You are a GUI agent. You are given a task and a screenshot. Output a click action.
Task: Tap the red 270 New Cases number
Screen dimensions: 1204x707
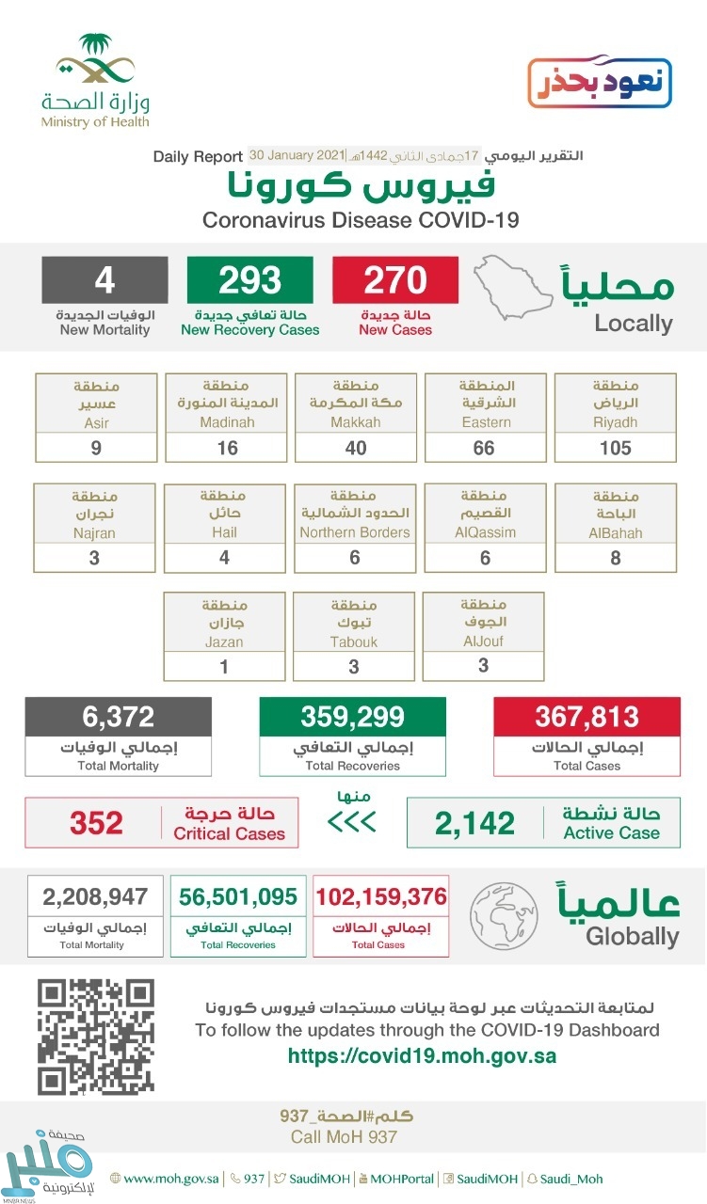[x=395, y=280]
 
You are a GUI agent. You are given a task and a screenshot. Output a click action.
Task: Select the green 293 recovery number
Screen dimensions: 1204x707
[x=250, y=280]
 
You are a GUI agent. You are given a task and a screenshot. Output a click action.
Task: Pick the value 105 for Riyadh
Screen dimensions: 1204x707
[x=616, y=448]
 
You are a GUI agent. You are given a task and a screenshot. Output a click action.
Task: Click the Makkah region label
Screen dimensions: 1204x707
[x=355, y=404]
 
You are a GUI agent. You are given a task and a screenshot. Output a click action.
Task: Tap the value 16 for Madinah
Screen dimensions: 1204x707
[x=226, y=448]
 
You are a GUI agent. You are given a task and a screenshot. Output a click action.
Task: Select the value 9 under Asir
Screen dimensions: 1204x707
[x=96, y=448]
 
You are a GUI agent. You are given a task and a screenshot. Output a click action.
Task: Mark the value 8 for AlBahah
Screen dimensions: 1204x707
[x=616, y=557]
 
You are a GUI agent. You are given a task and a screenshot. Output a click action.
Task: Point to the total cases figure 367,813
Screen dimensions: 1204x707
[x=586, y=717]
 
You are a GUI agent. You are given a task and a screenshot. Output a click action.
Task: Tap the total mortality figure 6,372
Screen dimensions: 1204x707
[x=118, y=717]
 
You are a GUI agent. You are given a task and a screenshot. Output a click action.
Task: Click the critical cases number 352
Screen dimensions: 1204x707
[x=96, y=823]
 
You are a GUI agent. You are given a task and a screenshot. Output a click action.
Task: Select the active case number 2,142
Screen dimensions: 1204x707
[x=474, y=823]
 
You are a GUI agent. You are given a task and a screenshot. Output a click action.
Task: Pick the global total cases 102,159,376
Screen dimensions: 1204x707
[x=380, y=896]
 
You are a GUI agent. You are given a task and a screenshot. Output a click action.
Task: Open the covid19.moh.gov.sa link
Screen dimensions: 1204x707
[x=422, y=1055]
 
